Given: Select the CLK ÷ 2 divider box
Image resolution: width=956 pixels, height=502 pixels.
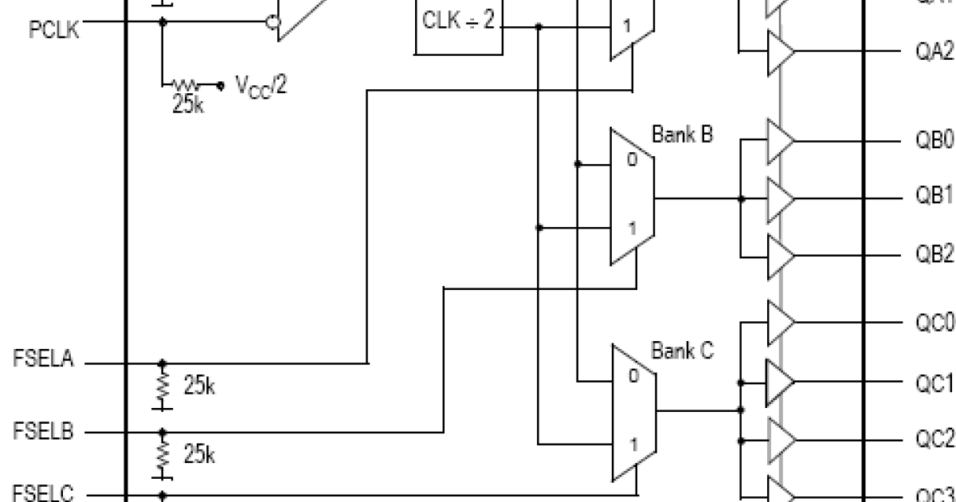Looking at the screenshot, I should click(458, 24).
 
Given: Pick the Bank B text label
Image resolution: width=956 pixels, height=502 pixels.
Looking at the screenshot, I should click(682, 134).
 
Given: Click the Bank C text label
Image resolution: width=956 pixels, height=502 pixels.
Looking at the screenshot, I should click(682, 350).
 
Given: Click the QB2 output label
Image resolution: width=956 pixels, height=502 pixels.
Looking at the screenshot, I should click(933, 254).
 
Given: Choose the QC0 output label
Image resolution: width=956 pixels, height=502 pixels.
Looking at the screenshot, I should click(933, 323).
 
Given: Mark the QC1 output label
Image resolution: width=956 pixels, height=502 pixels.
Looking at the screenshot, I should click(933, 383).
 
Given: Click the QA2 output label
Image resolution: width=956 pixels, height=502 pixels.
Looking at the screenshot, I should click(933, 51).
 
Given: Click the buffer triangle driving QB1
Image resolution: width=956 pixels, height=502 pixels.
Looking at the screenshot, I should click(779, 197).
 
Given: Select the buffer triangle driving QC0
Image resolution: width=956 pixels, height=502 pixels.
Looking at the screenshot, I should click(779, 321).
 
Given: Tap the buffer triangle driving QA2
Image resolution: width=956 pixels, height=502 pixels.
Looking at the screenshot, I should click(779, 51).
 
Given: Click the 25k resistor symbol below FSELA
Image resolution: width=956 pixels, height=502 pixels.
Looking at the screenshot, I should click(163, 388).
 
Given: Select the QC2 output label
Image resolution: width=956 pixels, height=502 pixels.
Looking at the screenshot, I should click(933, 440).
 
